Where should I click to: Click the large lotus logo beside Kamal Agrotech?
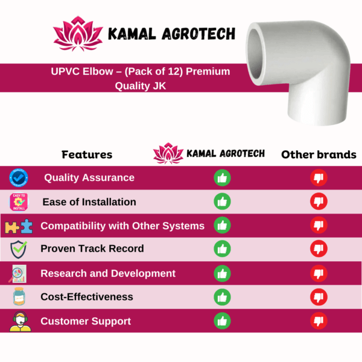(x=78, y=34)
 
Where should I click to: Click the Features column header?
(x=87, y=154)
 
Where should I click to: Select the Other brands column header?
(x=319, y=154)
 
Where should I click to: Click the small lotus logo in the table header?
(x=168, y=153)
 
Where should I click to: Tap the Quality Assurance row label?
(x=89, y=178)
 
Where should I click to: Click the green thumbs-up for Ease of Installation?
(x=222, y=202)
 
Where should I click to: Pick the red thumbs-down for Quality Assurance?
(x=319, y=178)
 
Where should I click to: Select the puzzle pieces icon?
(x=19, y=226)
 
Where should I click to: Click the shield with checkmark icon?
(x=19, y=249)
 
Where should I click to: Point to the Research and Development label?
(x=108, y=273)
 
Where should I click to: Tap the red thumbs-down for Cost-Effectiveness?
(x=319, y=297)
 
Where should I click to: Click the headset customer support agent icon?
(x=21, y=322)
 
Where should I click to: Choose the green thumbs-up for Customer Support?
(x=222, y=321)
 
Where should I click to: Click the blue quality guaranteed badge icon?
(x=19, y=178)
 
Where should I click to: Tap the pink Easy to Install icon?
(x=19, y=202)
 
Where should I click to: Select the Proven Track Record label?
(x=92, y=249)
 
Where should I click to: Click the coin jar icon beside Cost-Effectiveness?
(x=19, y=296)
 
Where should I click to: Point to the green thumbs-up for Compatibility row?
(x=222, y=225)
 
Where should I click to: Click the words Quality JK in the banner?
(x=141, y=86)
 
